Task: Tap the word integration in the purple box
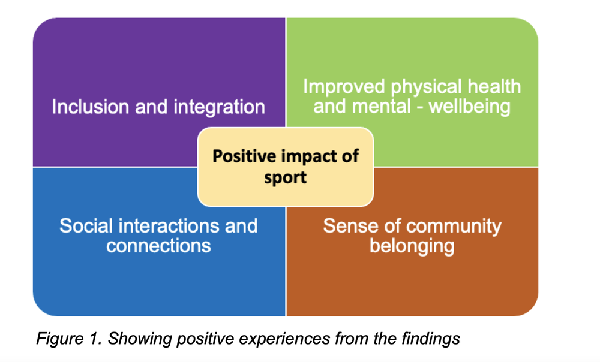click(x=220, y=108)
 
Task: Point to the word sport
click(x=286, y=178)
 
